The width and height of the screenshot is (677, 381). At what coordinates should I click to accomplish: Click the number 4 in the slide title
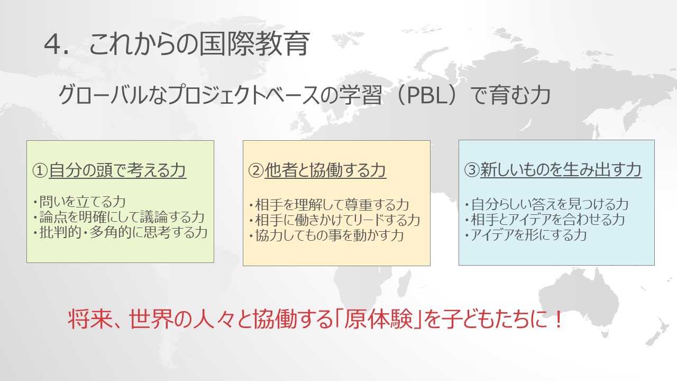click(x=52, y=45)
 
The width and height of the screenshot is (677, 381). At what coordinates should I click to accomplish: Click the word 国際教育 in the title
click(x=254, y=44)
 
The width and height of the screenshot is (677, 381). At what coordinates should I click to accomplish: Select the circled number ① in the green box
click(x=40, y=170)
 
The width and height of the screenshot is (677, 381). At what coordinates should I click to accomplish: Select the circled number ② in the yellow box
click(x=256, y=170)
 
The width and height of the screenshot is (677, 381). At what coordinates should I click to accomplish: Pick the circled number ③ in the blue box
click(x=472, y=170)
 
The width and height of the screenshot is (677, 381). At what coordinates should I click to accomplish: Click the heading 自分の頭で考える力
click(x=117, y=170)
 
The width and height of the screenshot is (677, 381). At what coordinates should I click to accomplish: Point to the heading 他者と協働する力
click(x=325, y=170)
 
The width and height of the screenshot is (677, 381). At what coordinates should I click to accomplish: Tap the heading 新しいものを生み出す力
click(x=561, y=170)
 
